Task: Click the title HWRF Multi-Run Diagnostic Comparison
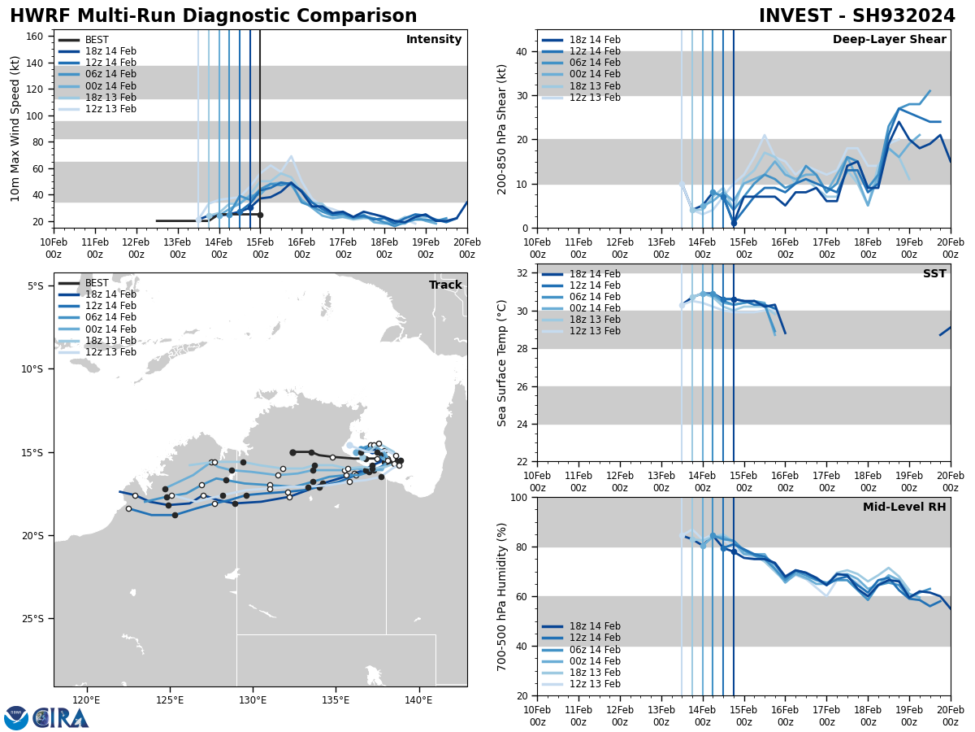click(213, 16)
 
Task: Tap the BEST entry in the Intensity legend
click(97, 40)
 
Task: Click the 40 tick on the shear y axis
click(521, 51)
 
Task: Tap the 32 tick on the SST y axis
click(521, 273)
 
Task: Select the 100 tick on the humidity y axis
click(518, 497)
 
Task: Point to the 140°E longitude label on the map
click(418, 699)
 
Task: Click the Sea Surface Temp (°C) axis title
click(502, 363)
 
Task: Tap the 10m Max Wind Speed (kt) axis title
click(15, 129)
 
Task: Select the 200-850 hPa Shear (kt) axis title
click(502, 129)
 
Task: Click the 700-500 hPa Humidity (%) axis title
click(502, 596)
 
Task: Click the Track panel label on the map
click(445, 285)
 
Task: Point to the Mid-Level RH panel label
click(904, 508)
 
